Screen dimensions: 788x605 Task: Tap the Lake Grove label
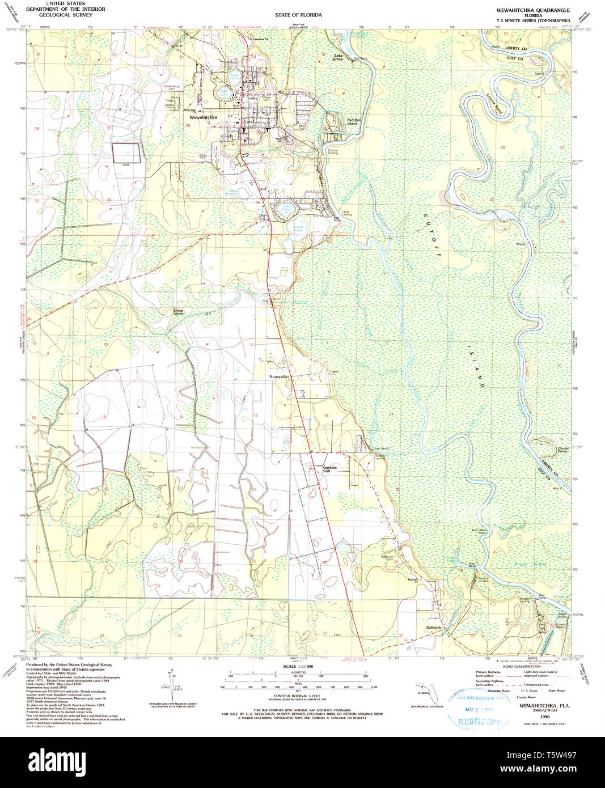338,57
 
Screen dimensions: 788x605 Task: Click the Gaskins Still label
329,469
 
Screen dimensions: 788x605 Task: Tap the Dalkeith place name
433,628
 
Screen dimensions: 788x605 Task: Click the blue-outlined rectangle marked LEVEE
126,152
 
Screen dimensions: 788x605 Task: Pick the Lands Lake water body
298,228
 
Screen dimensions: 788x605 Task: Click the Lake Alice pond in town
235,75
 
